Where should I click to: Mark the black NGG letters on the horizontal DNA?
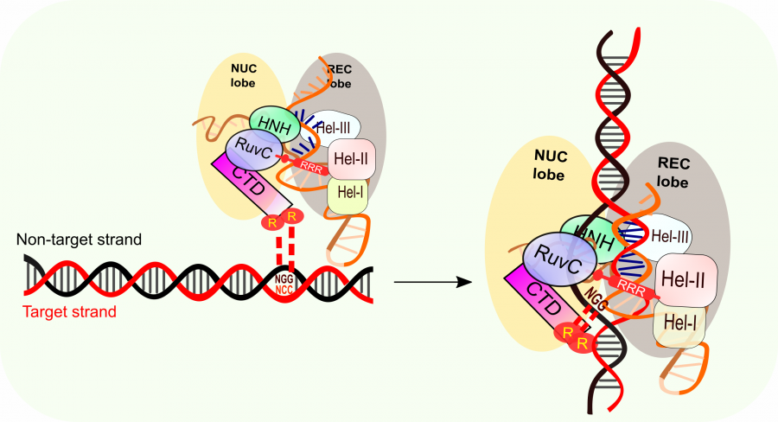click(284, 279)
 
